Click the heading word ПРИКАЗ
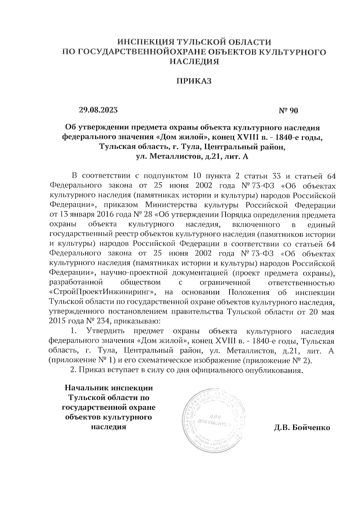194,81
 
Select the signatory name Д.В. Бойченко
302,428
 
